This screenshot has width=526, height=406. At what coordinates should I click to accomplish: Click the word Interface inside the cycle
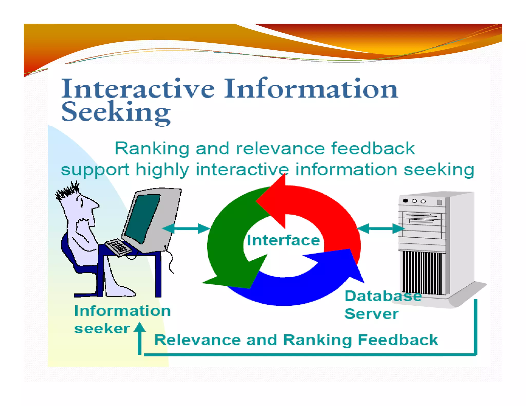click(283, 240)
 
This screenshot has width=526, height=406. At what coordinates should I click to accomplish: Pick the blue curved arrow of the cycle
click(295, 290)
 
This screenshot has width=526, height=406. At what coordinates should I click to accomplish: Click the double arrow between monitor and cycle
click(186, 228)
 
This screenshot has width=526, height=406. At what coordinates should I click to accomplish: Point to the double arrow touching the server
click(381, 228)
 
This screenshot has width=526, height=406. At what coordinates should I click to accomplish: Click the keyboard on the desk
click(118, 246)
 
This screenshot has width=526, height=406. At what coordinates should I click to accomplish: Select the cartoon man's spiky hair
click(67, 191)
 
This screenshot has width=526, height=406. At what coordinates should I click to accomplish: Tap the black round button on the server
click(406, 201)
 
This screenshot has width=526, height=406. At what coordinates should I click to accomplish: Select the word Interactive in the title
click(137, 89)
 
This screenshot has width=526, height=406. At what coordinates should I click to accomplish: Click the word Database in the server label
click(383, 296)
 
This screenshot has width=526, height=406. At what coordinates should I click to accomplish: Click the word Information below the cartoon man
click(122, 311)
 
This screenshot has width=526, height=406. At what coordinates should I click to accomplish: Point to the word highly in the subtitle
click(162, 170)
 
